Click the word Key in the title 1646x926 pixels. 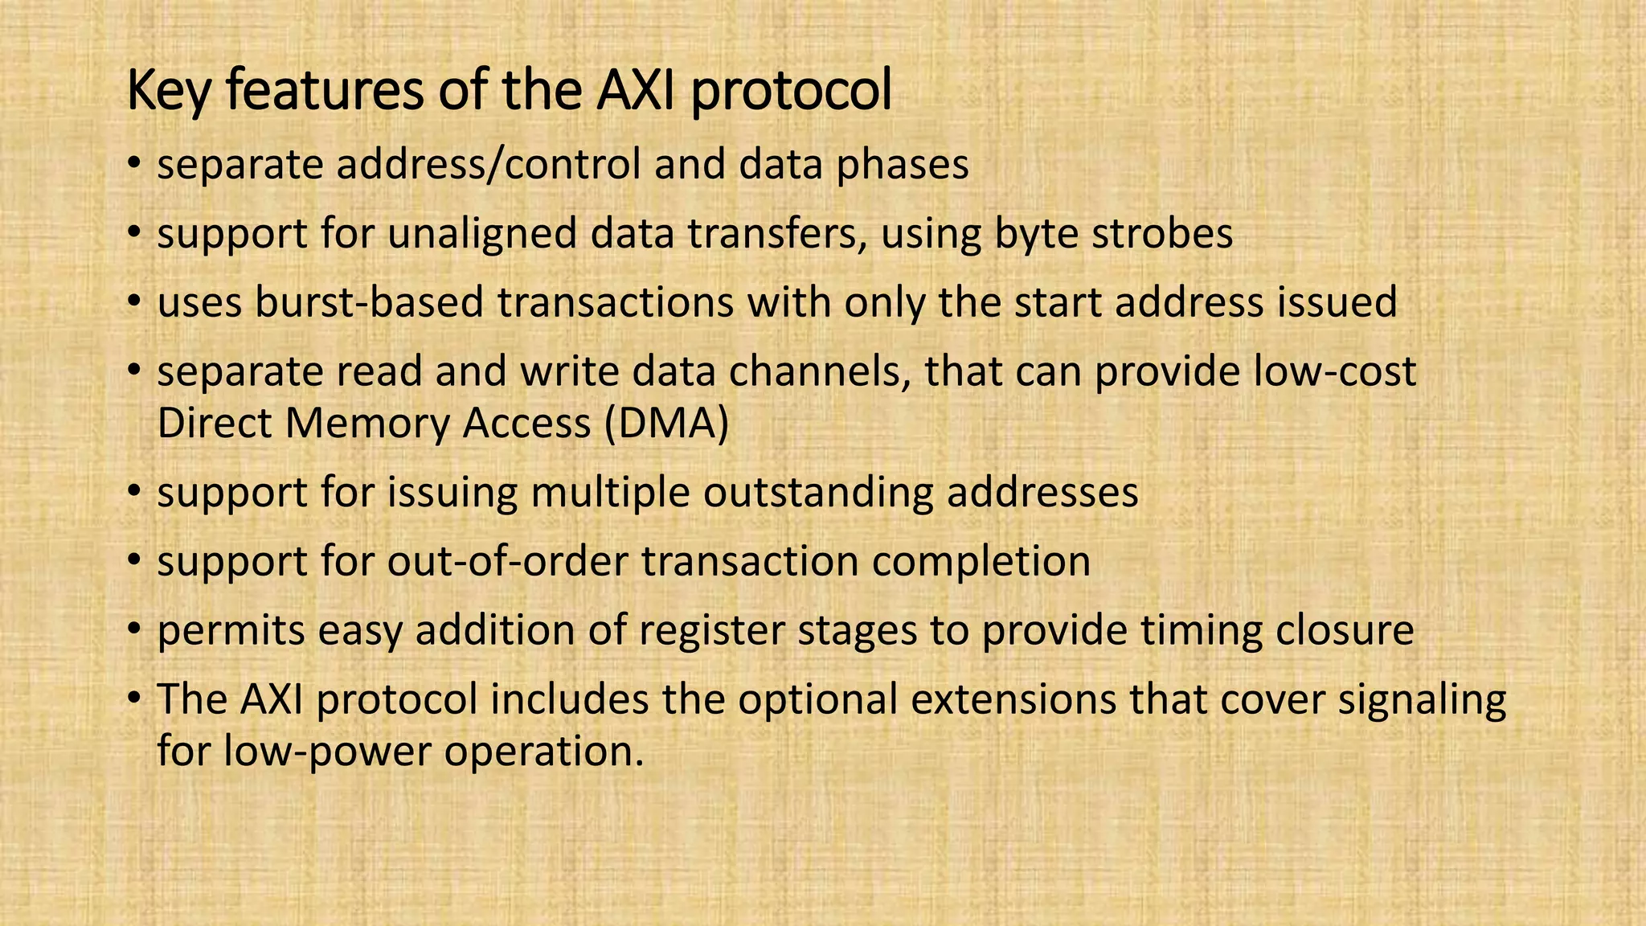[169, 92]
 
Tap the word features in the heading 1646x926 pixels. [325, 90]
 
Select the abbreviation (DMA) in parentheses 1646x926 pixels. [666, 424]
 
